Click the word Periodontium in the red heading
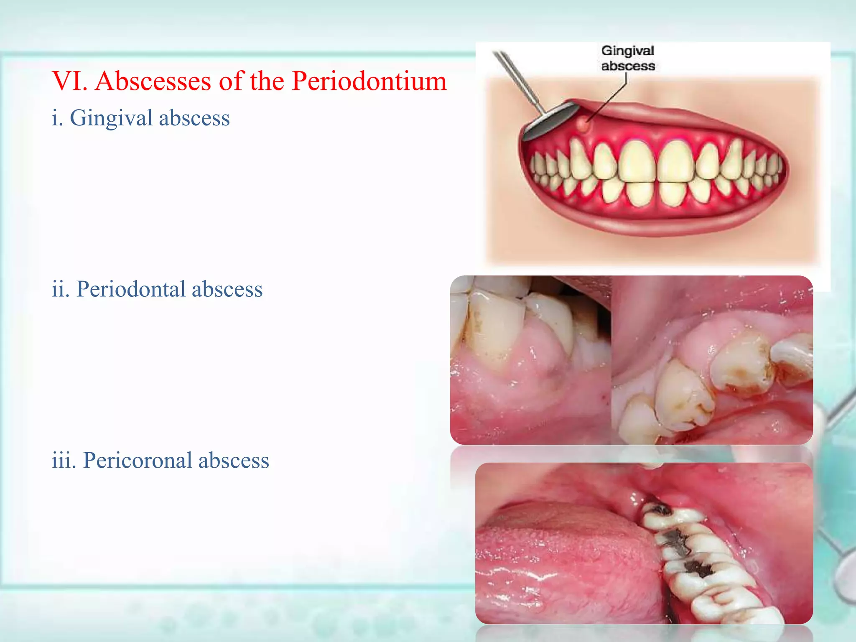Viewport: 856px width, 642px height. tap(369, 81)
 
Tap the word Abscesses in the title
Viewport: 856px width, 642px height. tap(153, 81)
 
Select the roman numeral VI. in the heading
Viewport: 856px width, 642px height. tap(69, 81)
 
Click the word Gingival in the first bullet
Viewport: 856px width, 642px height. tap(111, 118)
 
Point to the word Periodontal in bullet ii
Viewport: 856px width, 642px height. tap(130, 289)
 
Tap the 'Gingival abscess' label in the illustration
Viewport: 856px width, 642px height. tap(627, 59)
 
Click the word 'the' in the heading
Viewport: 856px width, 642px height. tap(267, 81)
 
